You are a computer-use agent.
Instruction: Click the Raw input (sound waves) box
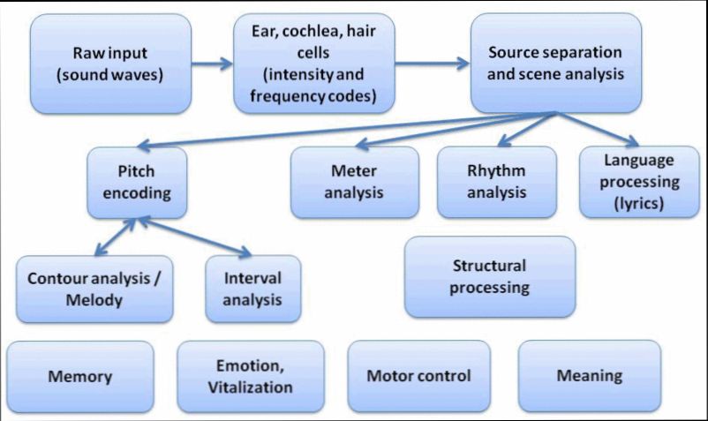click(x=109, y=63)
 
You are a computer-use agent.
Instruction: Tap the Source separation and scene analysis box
click(x=554, y=63)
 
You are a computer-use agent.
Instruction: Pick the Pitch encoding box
click(x=137, y=182)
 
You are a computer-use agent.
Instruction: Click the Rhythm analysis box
click(x=497, y=182)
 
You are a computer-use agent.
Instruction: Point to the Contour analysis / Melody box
click(x=94, y=288)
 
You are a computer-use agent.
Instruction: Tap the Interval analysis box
click(x=252, y=288)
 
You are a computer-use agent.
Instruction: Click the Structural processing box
click(x=489, y=276)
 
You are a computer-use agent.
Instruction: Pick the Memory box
click(x=79, y=377)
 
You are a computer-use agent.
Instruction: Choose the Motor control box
click(x=418, y=377)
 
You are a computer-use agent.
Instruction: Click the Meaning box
click(x=589, y=377)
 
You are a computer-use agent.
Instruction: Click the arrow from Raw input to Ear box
click(x=213, y=64)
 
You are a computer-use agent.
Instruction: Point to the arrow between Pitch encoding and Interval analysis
click(x=190, y=236)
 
